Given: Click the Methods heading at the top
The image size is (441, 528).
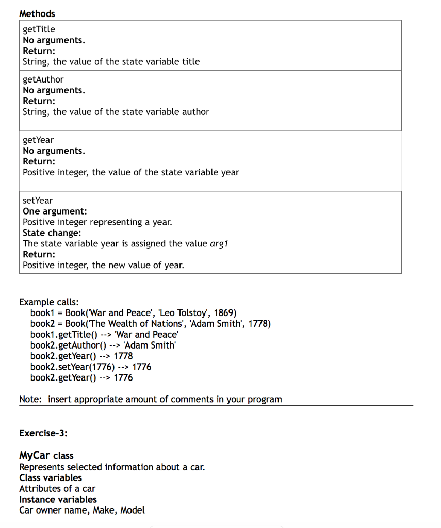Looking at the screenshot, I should click(x=37, y=14).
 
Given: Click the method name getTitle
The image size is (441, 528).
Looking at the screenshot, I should click(x=39, y=29).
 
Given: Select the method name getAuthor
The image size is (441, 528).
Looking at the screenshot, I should click(x=43, y=79).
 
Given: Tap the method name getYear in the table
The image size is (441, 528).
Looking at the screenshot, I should click(x=38, y=140).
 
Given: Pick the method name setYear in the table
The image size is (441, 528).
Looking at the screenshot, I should click(x=38, y=200).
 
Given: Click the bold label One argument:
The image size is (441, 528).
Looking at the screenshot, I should click(x=55, y=211).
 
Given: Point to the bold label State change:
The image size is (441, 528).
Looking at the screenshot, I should click(x=52, y=233).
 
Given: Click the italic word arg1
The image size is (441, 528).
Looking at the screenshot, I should click(x=219, y=243).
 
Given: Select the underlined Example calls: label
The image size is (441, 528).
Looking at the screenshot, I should click(x=49, y=302).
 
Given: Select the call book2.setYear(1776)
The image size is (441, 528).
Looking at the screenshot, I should click(x=72, y=367).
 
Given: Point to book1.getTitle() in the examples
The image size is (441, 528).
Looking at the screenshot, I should click(x=64, y=335).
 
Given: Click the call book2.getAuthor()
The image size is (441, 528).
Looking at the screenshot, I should click(x=68, y=345).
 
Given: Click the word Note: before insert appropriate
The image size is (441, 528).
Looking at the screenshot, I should click(x=30, y=399).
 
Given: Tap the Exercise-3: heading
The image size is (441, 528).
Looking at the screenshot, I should click(x=43, y=433).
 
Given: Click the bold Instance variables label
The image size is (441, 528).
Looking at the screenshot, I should click(x=58, y=499).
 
